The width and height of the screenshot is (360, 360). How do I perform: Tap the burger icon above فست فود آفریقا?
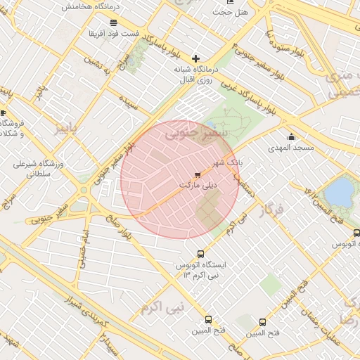[x=112, y=22]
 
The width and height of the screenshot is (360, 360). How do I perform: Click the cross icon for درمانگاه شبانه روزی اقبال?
[x=195, y=58]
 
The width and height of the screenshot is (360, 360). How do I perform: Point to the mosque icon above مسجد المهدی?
[x=291, y=136]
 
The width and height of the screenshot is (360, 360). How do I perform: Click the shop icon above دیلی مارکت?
[x=197, y=174]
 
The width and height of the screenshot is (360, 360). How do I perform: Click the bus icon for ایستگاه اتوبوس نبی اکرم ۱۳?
[x=201, y=254]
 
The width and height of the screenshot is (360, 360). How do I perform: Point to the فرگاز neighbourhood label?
[x=271, y=210]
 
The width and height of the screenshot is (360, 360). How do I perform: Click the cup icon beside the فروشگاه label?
[x=4, y=112]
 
